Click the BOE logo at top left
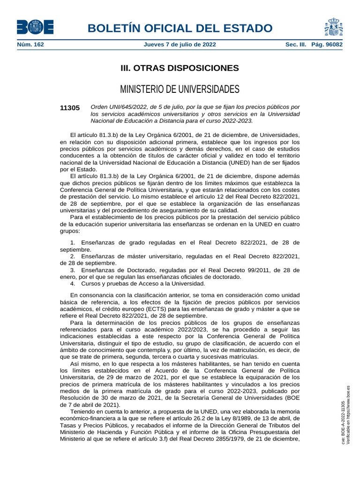click(x=35, y=27)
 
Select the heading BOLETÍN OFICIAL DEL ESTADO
click(x=180, y=28)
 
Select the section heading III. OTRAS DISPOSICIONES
click(x=180, y=68)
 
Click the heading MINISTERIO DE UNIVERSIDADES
click(x=180, y=89)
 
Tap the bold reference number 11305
click(x=70, y=108)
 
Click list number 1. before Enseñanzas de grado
click(x=73, y=242)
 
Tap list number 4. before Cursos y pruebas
click(x=73, y=284)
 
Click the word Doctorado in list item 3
click(x=140, y=270)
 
